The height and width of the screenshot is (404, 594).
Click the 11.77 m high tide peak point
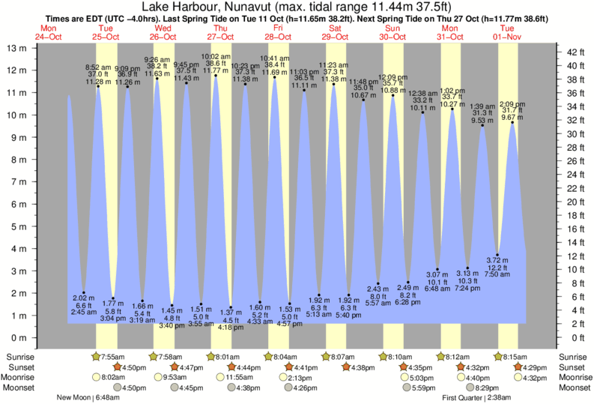(x=216, y=75)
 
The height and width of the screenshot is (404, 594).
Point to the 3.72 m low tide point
(x=497, y=255)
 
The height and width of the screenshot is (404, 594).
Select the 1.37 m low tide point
(x=231, y=307)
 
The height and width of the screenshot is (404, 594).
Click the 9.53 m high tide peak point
(x=482, y=125)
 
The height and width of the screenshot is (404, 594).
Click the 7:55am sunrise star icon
(x=95, y=355)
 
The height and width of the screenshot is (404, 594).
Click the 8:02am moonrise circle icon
(x=96, y=377)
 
